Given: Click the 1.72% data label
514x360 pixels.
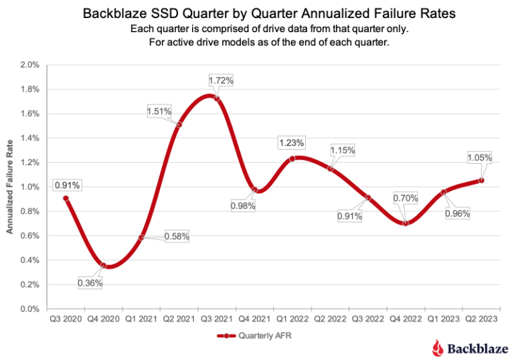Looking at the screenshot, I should click(221, 81).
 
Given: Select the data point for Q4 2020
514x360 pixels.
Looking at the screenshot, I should click(103, 266).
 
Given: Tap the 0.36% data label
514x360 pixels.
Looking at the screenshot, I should click(90, 283).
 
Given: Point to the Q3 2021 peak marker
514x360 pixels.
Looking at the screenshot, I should click(216, 98).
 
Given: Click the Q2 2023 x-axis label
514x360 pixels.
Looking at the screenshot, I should click(481, 319).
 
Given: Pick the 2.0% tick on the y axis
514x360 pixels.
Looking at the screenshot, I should click(31, 65).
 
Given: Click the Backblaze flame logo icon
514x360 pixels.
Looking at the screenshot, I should click(437, 347).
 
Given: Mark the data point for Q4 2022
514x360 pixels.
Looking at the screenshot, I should click(406, 223).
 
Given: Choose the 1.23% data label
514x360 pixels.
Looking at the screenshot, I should click(292, 143).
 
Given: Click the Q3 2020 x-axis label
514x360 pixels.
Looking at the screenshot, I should click(66, 319).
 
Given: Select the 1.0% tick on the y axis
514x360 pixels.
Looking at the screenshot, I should click(31, 187).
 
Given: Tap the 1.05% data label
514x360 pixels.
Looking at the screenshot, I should click(479, 158).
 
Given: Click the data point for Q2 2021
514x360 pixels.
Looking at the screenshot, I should click(179, 124).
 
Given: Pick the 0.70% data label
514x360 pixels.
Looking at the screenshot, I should click(406, 198).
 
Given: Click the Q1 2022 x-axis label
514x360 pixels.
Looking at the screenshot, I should click(292, 319).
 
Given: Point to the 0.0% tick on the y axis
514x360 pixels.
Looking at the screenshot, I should click(31, 309).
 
